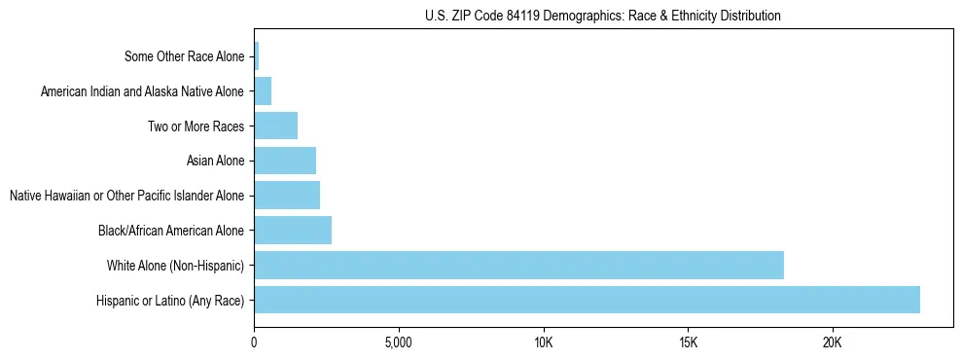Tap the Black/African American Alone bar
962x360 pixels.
tap(293, 231)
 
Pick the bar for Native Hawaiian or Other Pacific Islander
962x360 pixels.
tap(287, 196)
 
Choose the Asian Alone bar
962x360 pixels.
tap(285, 161)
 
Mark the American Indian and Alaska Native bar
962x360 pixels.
tap(263, 91)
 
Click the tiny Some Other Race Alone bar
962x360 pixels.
tap(257, 56)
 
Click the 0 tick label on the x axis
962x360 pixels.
tap(254, 343)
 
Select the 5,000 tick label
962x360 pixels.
tap(399, 343)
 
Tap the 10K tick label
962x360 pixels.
tap(543, 343)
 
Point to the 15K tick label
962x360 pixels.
tap(688, 343)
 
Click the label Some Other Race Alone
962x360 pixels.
tap(185, 56)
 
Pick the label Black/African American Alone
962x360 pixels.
tap(171, 231)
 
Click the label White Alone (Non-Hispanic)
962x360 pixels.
tap(176, 265)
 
